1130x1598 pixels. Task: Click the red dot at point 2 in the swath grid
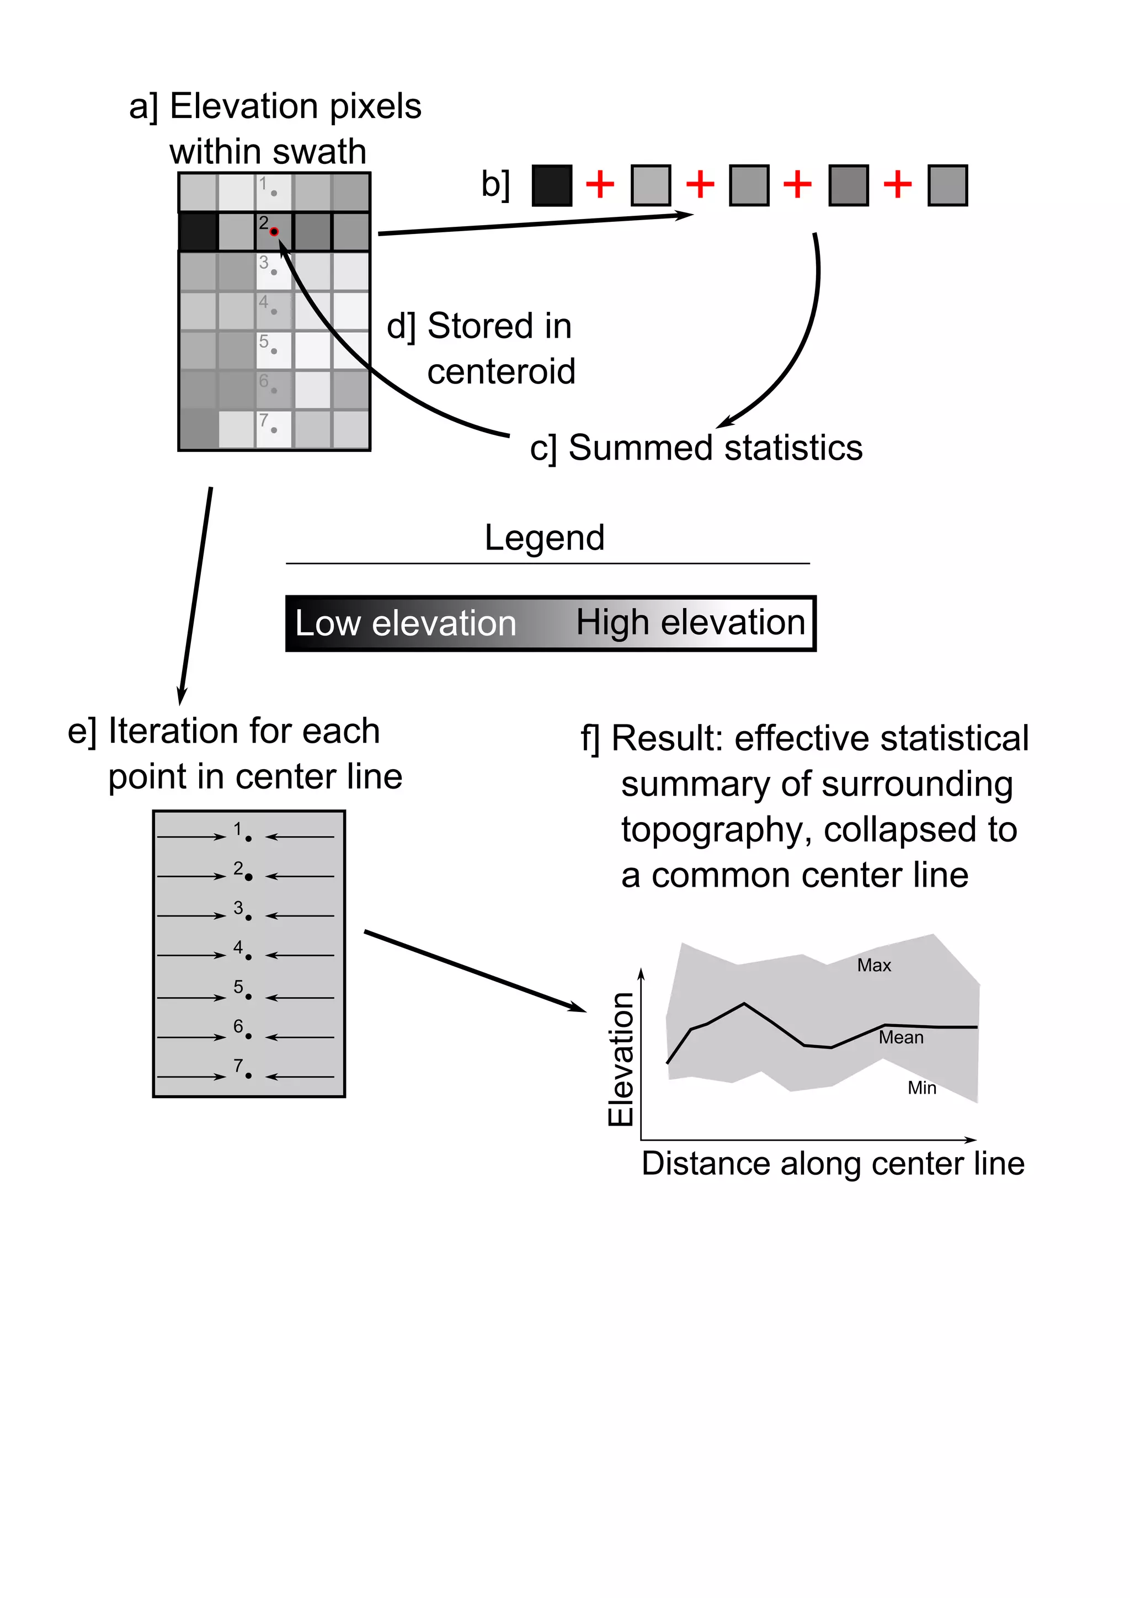pos(274,232)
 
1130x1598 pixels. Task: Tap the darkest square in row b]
pos(552,185)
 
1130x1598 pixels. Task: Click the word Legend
pos(544,538)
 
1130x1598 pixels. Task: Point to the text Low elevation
pos(406,623)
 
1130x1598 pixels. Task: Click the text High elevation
pos(690,622)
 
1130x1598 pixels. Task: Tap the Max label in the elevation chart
pos(874,965)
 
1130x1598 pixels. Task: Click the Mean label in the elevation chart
pos(900,1038)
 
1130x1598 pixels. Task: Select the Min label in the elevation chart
pos(921,1088)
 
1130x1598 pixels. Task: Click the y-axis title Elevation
pos(621,1059)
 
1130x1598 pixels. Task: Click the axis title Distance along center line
pos(833,1164)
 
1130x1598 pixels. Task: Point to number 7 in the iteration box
pos(238,1066)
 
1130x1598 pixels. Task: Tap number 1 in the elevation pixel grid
pos(263,184)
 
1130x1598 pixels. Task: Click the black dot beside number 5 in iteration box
pos(248,997)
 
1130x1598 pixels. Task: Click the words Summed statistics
pos(715,448)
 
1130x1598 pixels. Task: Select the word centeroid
pos(501,372)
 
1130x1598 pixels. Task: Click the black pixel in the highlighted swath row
pos(198,232)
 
